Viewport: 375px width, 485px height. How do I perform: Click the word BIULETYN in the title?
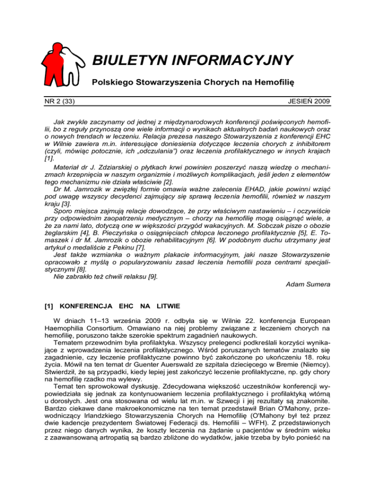point(128,61)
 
